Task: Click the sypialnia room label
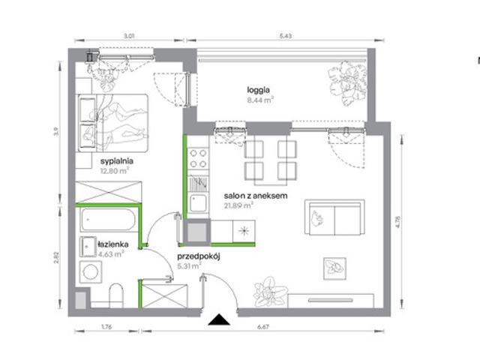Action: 117,161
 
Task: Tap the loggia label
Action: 258,90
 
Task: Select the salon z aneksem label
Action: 256,196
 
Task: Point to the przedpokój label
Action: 199,256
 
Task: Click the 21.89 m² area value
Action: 238,205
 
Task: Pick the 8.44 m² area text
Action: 260,100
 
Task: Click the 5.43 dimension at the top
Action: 285,36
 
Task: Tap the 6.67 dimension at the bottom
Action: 263,327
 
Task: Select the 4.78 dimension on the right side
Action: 398,222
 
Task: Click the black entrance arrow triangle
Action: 219,319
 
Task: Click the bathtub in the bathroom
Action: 108,220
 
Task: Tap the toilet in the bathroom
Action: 116,295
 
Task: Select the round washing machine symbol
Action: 91,271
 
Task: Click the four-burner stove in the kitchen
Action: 198,158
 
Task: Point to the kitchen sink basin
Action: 198,203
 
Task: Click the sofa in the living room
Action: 334,217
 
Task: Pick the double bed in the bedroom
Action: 113,123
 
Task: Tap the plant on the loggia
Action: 347,82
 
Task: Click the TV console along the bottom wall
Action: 331,301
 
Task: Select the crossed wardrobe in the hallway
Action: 165,296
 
